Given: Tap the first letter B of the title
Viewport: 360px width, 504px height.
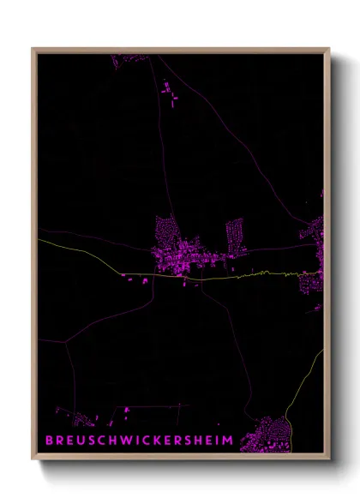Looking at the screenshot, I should click(x=49, y=441).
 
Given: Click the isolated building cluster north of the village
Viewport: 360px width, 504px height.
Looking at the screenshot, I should click(x=169, y=93).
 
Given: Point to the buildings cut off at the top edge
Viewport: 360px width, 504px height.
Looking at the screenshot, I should click(x=130, y=58).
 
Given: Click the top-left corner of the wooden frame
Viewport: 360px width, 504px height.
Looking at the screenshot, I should click(x=33, y=49).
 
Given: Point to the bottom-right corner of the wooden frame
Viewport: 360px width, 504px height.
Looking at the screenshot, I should click(x=329, y=461).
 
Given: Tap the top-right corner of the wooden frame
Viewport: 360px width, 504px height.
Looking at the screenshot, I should click(x=329, y=49).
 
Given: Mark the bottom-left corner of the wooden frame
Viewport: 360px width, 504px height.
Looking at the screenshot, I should click(x=33, y=461).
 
